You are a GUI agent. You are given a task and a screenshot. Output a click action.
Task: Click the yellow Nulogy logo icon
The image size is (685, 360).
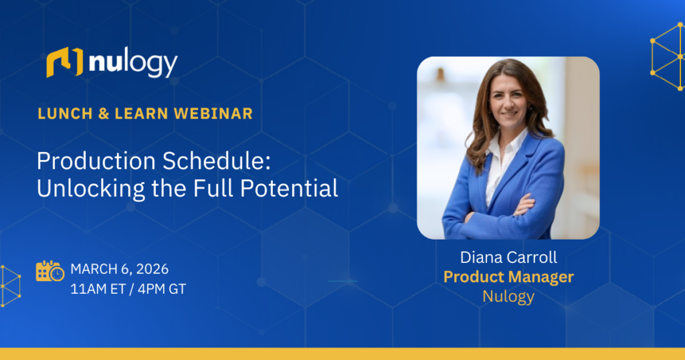tap(65, 62)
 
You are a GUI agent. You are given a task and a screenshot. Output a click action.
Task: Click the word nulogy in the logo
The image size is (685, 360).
tap(133, 64)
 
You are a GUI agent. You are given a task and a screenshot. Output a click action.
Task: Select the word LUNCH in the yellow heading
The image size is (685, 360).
tap(65, 114)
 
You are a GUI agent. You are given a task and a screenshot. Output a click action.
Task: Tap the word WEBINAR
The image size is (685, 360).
tap(213, 114)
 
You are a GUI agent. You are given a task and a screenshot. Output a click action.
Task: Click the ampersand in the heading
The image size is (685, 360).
tap(104, 114)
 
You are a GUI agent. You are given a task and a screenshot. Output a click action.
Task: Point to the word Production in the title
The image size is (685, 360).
tap(96, 161)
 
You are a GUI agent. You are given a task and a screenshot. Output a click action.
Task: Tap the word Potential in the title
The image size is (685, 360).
tap(289, 188)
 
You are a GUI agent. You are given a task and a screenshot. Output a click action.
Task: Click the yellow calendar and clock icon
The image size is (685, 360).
tap(50, 271)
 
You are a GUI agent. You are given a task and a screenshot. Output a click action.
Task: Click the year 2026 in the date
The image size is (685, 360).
tap(153, 269)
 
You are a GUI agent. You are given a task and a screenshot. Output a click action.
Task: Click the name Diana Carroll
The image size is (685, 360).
tap(508, 258)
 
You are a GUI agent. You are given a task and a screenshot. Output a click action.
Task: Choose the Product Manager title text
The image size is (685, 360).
tap(508, 276)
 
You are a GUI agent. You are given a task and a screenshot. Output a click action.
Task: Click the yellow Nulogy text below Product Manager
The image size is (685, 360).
tap(508, 296)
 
